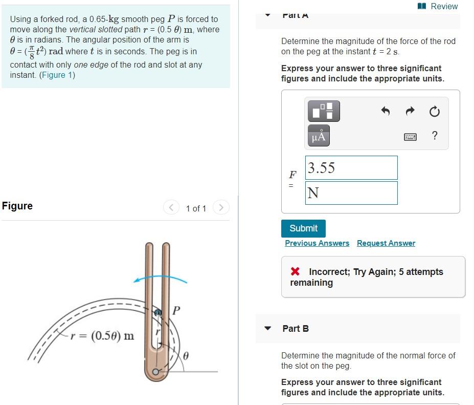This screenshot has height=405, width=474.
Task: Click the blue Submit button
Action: (x=303, y=228)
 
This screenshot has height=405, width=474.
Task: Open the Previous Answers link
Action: (x=317, y=243)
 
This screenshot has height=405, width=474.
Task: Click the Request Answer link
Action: (x=386, y=243)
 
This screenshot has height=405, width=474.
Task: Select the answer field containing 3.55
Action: (x=351, y=168)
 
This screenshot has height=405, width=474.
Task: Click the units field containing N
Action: (x=351, y=193)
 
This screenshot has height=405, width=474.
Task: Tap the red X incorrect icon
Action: (x=295, y=272)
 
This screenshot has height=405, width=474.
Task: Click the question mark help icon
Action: (x=435, y=135)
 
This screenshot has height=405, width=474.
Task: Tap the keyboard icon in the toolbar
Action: (x=410, y=136)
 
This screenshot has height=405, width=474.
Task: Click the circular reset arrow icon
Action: (x=434, y=111)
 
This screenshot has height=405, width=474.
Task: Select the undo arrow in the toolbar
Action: (x=386, y=111)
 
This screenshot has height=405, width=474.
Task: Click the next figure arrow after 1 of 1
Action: (x=221, y=207)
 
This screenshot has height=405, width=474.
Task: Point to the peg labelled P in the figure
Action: (x=159, y=312)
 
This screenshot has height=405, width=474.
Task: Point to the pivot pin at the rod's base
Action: (x=155, y=372)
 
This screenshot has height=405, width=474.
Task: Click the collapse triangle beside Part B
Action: (x=267, y=329)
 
